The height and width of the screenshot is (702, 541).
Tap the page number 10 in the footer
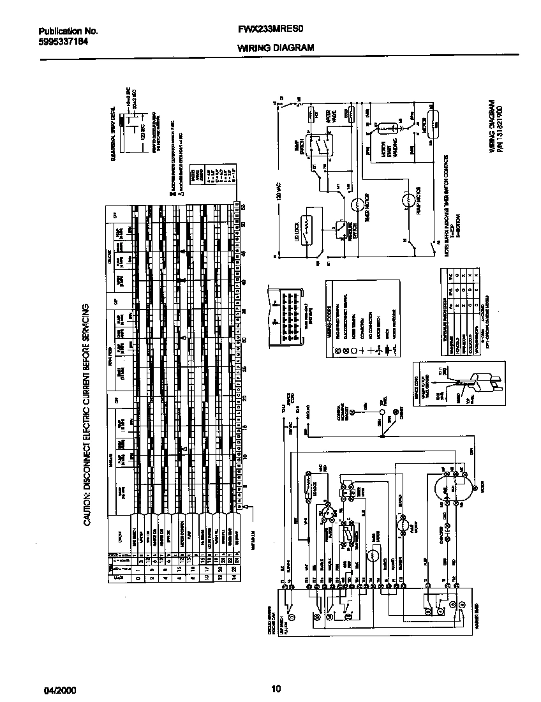click(275, 688)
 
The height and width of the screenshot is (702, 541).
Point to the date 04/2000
click(57, 689)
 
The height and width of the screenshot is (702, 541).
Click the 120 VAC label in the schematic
click(279, 189)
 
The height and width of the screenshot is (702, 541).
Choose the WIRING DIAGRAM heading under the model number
click(276, 47)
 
